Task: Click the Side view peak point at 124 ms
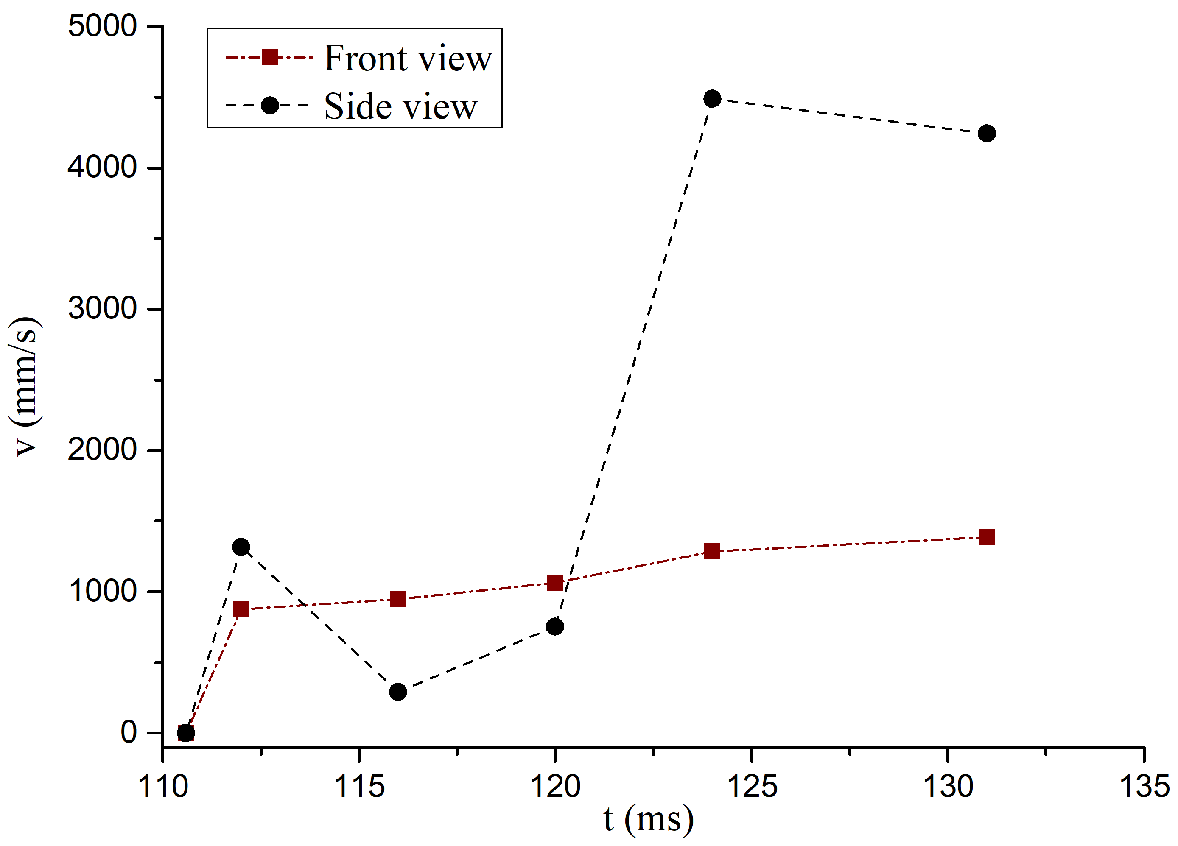click(x=712, y=99)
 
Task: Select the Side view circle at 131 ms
click(x=986, y=134)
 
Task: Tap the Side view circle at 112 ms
click(x=241, y=547)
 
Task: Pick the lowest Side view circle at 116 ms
click(x=398, y=692)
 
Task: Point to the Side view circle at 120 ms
click(x=555, y=626)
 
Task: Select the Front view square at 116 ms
click(x=398, y=599)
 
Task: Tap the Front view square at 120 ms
click(x=555, y=583)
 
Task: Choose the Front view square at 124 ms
click(x=712, y=551)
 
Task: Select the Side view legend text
click(x=400, y=106)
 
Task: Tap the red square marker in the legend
click(x=269, y=57)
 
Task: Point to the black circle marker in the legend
click(x=269, y=106)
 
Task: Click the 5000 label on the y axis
click(x=102, y=26)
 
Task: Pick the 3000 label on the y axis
click(x=102, y=308)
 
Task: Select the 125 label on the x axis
click(x=752, y=786)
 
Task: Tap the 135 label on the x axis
click(x=1144, y=786)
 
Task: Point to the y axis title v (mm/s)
click(x=25, y=386)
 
